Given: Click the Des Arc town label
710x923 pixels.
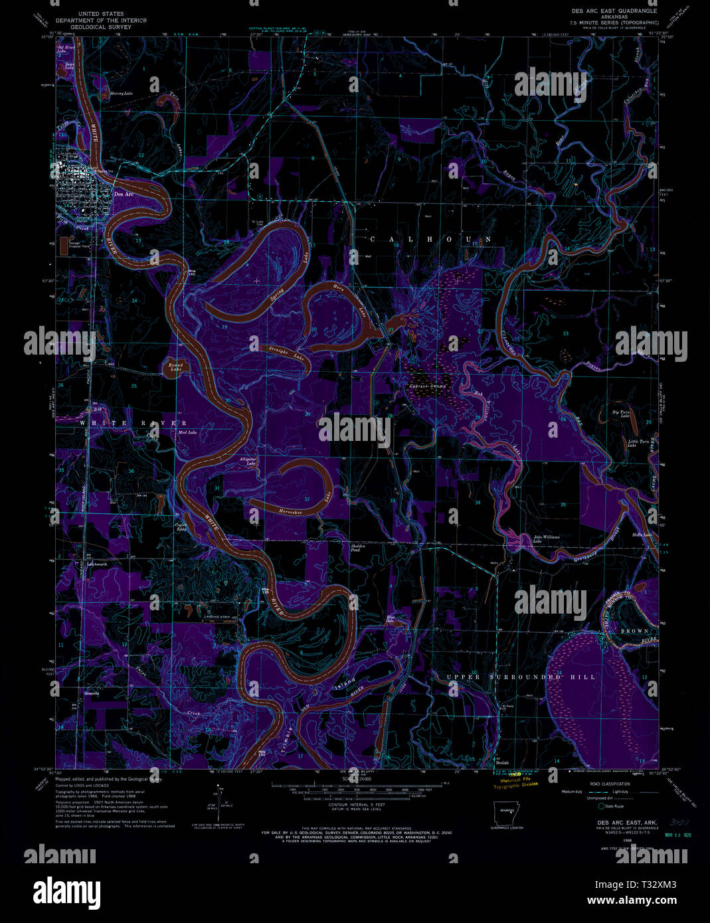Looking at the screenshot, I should pyautogui.click(x=124, y=194).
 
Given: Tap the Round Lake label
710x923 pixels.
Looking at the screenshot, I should pyautogui.click(x=175, y=367).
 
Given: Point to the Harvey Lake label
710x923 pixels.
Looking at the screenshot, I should pyautogui.click(x=122, y=94).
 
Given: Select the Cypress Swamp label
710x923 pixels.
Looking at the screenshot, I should pyautogui.click(x=428, y=386).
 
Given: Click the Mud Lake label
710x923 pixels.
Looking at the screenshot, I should pyautogui.click(x=187, y=432).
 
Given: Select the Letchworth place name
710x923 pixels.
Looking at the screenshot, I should pyautogui.click(x=97, y=564).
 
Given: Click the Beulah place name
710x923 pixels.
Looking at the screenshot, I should pyautogui.click(x=502, y=762).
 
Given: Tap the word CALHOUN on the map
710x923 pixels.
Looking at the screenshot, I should pyautogui.click(x=430, y=239).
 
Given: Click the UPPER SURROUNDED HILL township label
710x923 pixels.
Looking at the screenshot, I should pyautogui.click(x=521, y=677).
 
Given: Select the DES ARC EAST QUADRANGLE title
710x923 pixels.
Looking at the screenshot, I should pyautogui.click(x=614, y=11).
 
